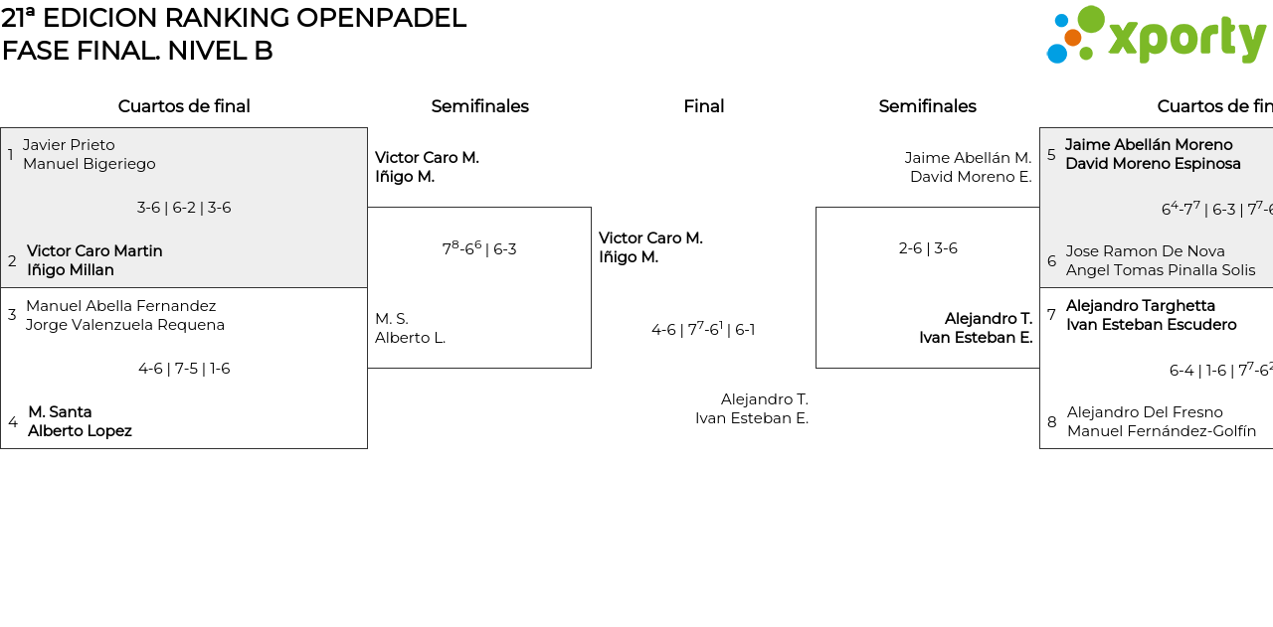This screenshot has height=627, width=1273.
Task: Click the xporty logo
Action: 1156,36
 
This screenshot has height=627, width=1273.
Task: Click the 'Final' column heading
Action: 703,106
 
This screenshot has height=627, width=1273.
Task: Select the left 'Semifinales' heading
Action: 479,106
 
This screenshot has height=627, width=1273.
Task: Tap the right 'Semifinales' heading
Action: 927,106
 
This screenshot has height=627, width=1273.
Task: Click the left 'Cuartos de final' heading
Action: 184,106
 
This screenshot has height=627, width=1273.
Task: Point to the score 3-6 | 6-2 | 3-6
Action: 184,208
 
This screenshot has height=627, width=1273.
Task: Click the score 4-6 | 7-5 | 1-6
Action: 184,369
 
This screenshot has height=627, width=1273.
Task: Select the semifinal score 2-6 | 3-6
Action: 928,248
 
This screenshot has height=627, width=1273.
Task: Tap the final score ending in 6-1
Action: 703,329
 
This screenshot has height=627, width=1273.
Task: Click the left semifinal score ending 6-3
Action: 479,248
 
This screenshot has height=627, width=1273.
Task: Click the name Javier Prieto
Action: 69,145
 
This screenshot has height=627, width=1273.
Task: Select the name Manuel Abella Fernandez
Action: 120,306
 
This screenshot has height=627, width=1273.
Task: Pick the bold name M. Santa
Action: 60,411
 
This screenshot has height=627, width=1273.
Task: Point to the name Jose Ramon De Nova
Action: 1145,251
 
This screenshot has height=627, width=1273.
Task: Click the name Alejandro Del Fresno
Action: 1145,412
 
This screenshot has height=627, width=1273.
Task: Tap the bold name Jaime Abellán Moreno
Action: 1149,145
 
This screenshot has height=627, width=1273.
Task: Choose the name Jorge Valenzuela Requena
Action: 125,325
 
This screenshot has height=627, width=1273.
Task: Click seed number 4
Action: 12,422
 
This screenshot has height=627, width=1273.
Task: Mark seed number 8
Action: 1052,422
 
